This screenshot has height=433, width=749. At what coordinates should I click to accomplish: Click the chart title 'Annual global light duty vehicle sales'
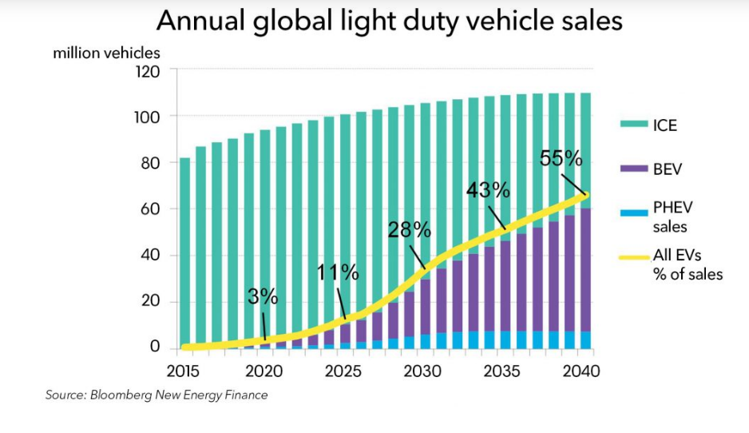(389, 22)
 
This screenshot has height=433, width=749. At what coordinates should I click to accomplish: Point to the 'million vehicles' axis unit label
(106, 54)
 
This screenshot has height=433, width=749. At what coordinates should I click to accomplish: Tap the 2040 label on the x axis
(581, 371)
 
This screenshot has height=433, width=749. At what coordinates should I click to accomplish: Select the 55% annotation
(561, 158)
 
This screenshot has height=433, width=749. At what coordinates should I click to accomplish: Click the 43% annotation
(488, 190)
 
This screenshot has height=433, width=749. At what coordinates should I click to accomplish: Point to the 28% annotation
(409, 231)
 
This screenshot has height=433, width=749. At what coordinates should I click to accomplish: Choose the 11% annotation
(338, 272)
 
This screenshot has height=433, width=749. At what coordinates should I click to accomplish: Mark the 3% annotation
(263, 297)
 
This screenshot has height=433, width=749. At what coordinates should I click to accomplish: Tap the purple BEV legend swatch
(633, 169)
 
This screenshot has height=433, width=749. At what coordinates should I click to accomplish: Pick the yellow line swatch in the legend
(633, 258)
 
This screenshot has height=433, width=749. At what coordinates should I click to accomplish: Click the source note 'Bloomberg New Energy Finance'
(156, 395)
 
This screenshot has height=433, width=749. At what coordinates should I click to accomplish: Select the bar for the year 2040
(585, 220)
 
